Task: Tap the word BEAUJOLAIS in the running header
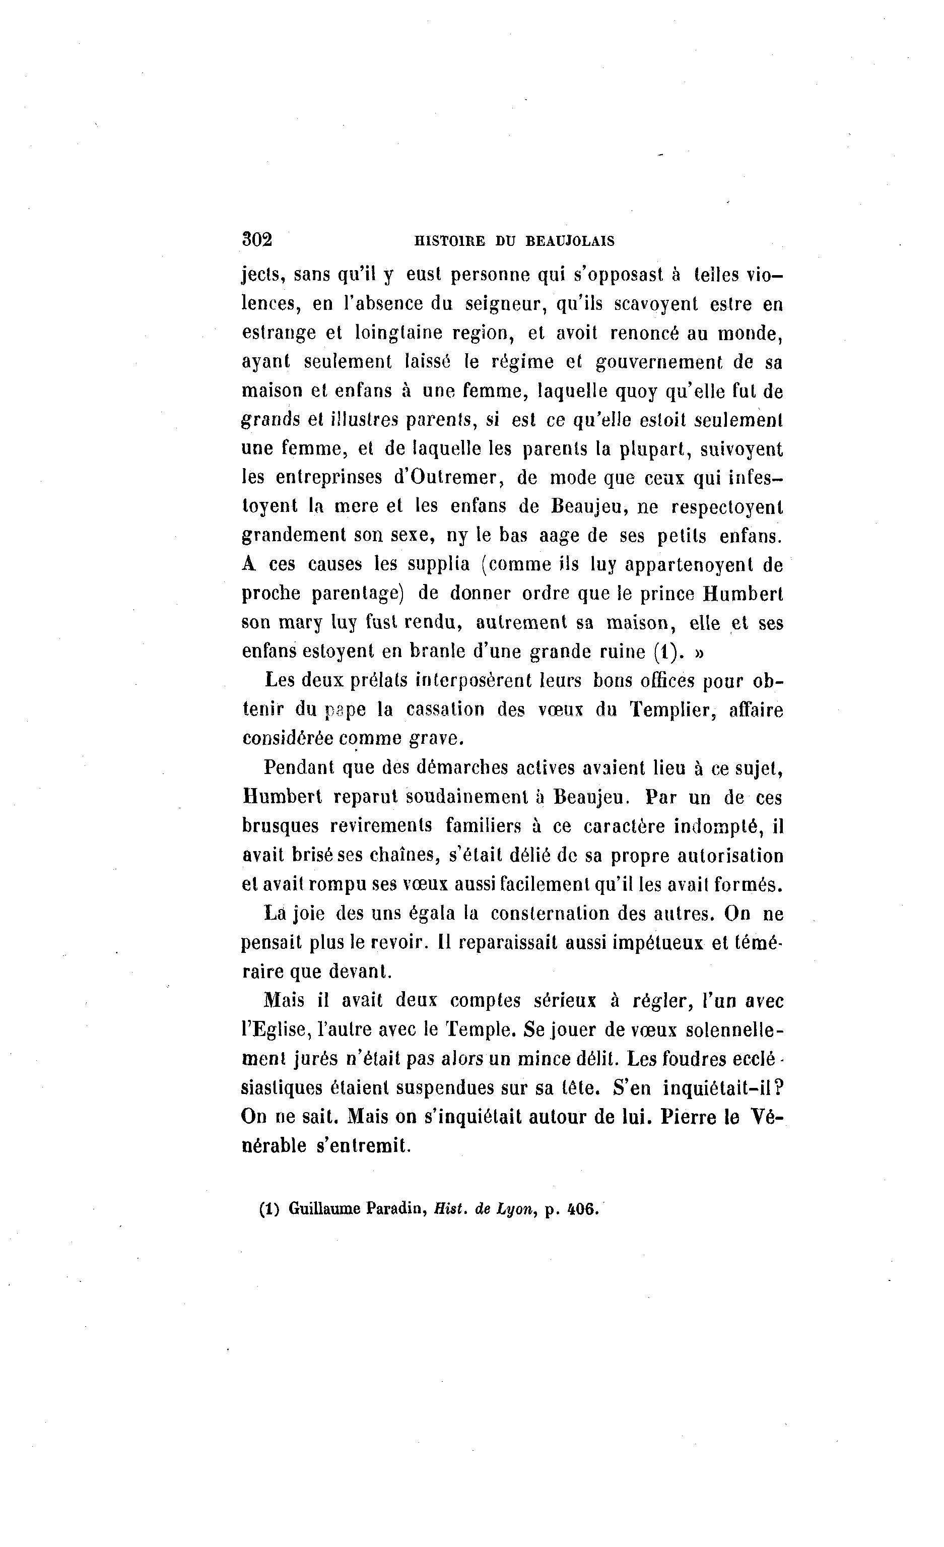pyautogui.click(x=569, y=241)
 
